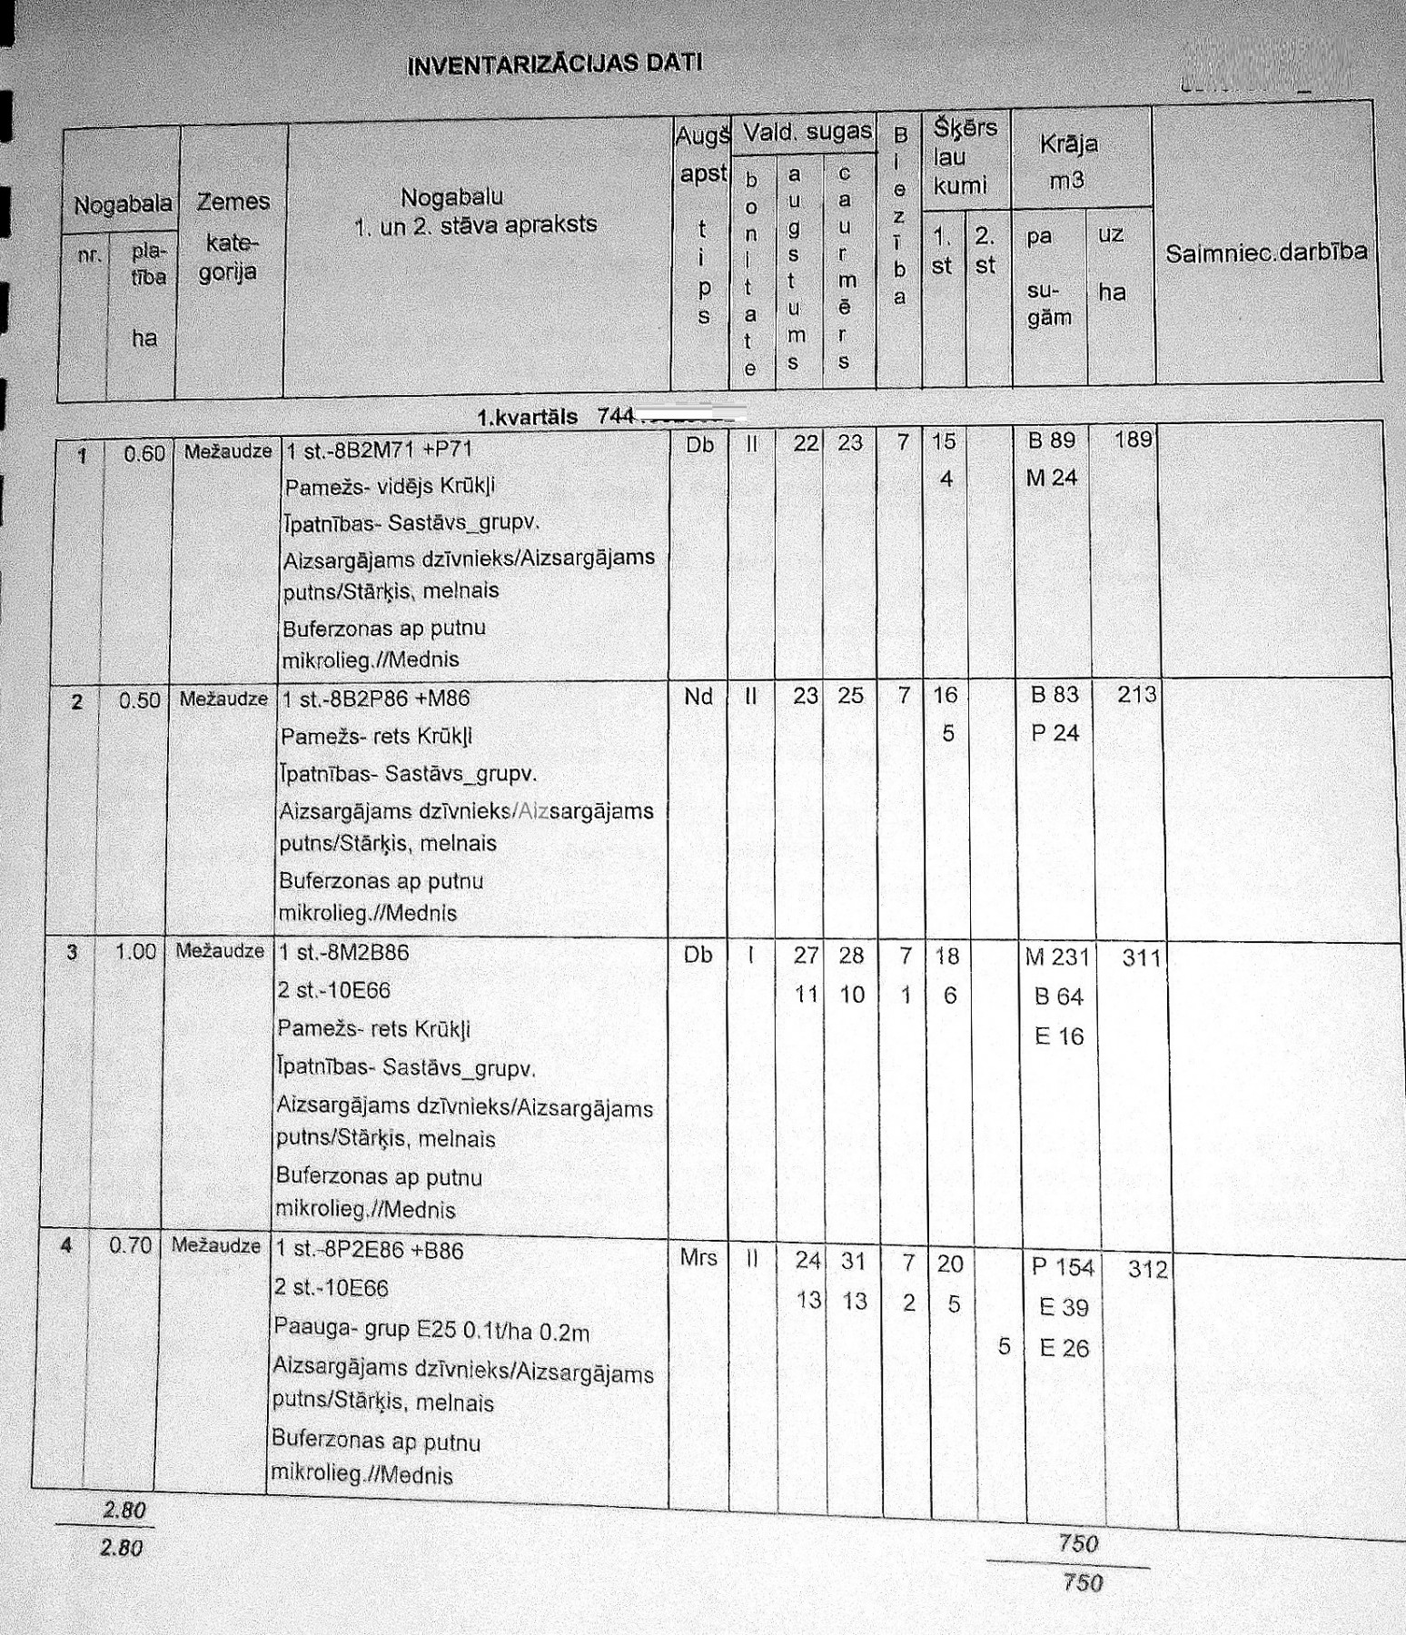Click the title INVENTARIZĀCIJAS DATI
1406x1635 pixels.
coord(554,64)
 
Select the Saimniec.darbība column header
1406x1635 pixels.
coord(1266,253)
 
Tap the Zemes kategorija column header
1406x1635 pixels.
coord(232,236)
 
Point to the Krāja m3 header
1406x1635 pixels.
coord(1068,161)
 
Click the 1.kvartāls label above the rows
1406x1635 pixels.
coord(527,417)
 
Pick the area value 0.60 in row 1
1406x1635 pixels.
coord(144,453)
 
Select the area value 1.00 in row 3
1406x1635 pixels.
coord(136,952)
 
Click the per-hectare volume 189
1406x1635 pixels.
coord(1133,440)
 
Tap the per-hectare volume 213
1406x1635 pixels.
coord(1137,695)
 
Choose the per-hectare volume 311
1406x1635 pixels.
coord(1142,957)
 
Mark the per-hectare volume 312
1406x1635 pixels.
coord(1147,1269)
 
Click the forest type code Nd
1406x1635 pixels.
coord(698,697)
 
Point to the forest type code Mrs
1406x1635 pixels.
coord(698,1258)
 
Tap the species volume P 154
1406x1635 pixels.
coord(1063,1267)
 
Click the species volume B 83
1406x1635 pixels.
coord(1054,695)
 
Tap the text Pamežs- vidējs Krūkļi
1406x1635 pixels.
coord(390,487)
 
